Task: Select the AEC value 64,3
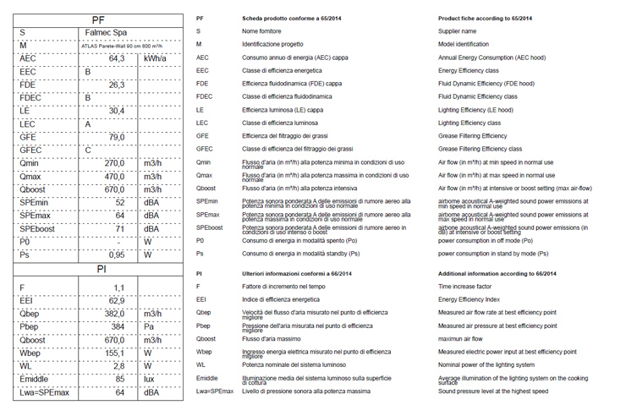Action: tap(117, 58)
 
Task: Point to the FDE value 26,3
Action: tap(117, 85)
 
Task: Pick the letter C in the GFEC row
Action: tap(88, 151)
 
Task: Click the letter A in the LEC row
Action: tap(88, 124)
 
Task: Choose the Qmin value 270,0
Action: tap(114, 163)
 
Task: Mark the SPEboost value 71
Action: tap(119, 229)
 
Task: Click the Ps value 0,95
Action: tap(116, 255)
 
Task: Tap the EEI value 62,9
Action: tap(116, 300)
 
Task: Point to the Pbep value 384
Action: tap(118, 326)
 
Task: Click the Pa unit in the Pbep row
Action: tap(150, 326)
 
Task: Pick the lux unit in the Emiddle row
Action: tap(151, 379)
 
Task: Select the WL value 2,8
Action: tap(118, 365)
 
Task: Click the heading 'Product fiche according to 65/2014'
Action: tap(485, 18)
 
